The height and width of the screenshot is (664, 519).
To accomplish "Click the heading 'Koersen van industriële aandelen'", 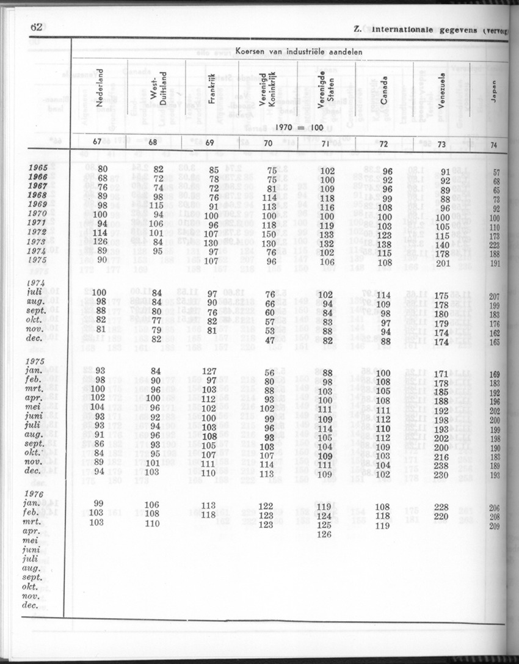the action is pyautogui.click(x=298, y=52).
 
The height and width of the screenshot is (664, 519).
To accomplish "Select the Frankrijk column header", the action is pyautogui.click(x=211, y=93).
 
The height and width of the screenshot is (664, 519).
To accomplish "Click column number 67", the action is pyautogui.click(x=97, y=142).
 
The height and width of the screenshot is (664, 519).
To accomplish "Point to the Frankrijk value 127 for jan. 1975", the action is pyautogui.click(x=209, y=371).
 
